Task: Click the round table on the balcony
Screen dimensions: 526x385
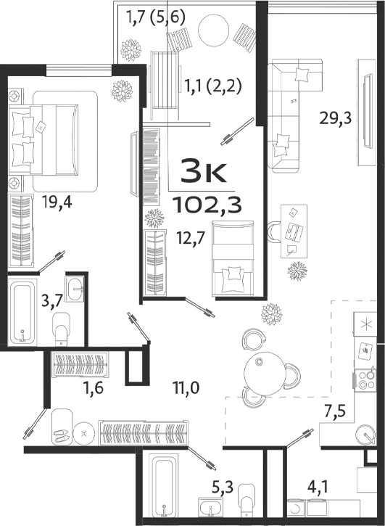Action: pyautogui.click(x=215, y=33)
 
